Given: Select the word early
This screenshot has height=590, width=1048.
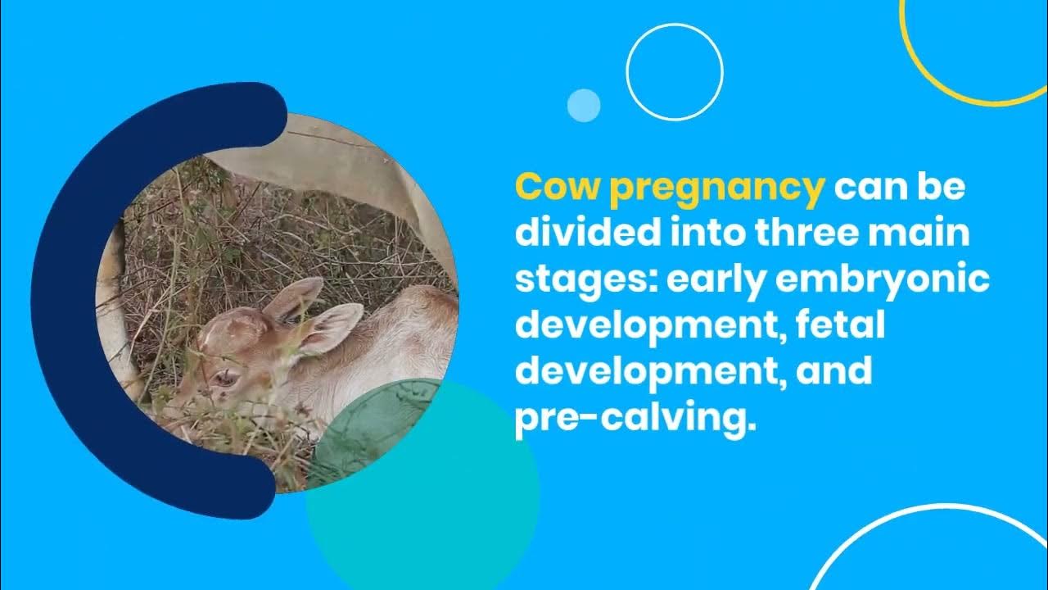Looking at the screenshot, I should click(718, 282).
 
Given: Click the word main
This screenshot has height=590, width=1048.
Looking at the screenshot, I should click(929, 234).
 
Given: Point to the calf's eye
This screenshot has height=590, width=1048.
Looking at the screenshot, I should click(224, 378).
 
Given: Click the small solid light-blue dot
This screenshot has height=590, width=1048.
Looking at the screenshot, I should click(584, 106).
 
